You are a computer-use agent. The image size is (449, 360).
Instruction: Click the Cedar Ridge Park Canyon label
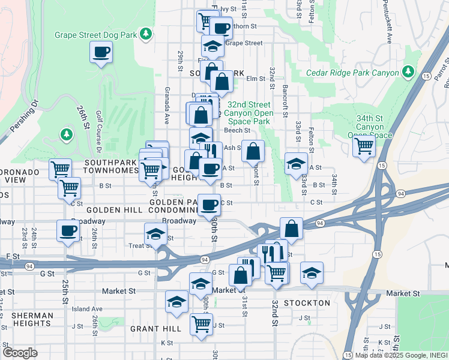[352, 73]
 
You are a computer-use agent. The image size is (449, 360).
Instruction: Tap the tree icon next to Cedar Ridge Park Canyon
[408, 72]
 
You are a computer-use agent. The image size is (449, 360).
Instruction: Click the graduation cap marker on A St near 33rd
[295, 164]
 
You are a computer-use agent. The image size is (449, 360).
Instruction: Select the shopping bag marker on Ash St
[253, 151]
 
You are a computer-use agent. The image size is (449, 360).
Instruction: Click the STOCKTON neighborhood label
[307, 303]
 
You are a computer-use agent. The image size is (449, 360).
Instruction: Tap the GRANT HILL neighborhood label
[155, 329]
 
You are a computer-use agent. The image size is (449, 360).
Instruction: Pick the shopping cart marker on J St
[201, 324]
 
